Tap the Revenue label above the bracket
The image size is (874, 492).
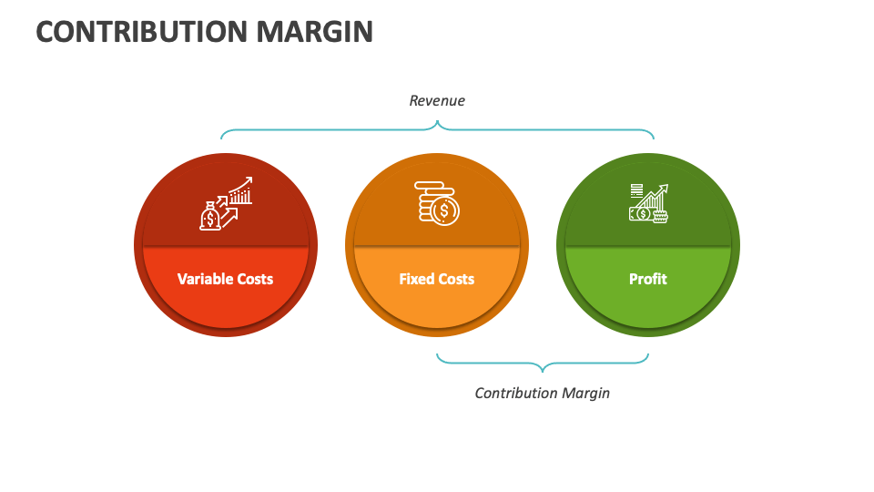coord(437,100)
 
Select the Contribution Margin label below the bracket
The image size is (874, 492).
coord(543,393)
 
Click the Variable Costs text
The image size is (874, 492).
coord(225,279)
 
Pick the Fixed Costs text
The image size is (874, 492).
coord(437,279)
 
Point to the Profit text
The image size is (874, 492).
coord(648,279)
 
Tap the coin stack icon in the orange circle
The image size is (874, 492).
coord(437,203)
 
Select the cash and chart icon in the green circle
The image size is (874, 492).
coord(648,202)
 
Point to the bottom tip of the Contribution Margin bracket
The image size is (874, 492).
coord(543,372)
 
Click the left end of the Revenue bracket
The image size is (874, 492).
coord(221,138)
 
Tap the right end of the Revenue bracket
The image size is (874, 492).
coord(654,138)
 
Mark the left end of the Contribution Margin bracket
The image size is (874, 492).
coord(438,354)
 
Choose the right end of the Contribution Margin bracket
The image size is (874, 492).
coord(647,354)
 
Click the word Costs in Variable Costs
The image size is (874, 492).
coord(255,279)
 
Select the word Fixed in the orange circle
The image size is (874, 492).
coord(417,279)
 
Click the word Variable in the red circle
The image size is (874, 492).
coord(205,279)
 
